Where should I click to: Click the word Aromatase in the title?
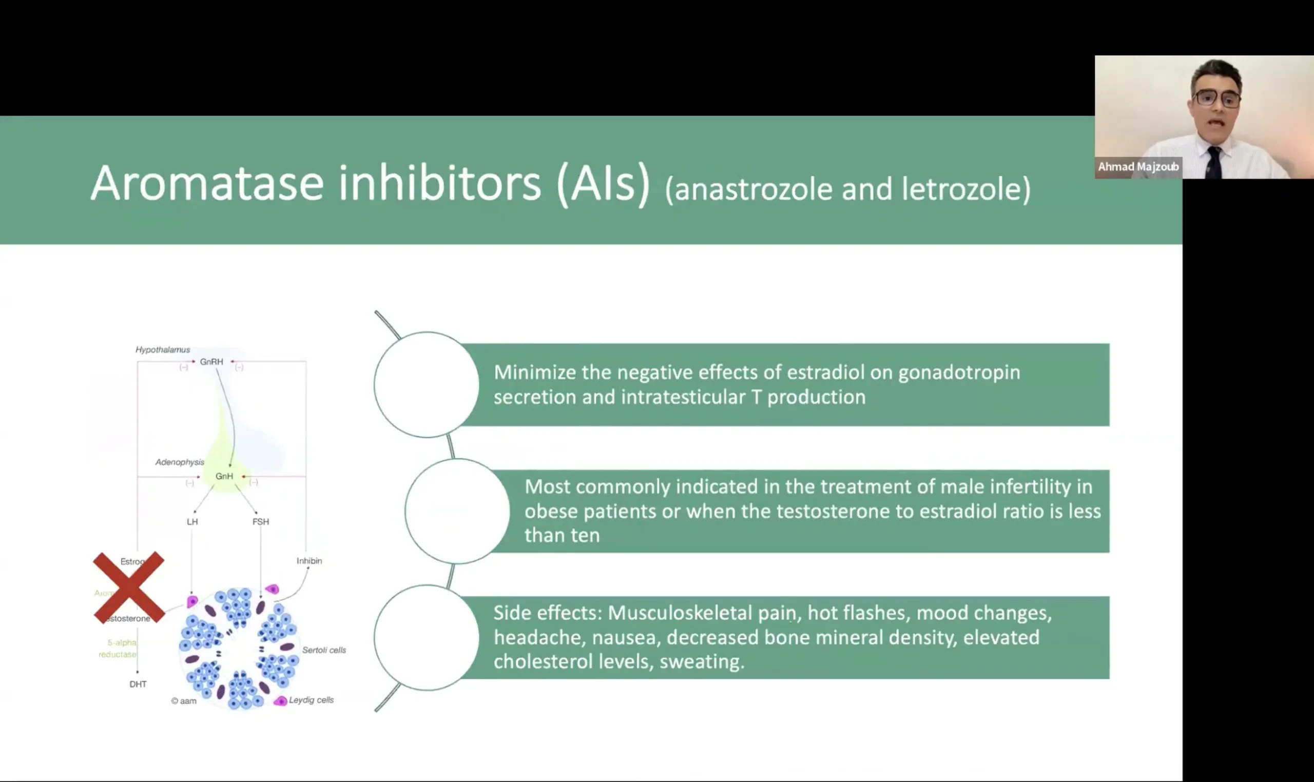click(x=207, y=183)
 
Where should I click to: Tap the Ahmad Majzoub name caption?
click(x=1138, y=167)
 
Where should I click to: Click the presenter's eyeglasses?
click(x=1217, y=98)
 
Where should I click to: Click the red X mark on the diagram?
click(x=129, y=587)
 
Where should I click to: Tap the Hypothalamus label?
click(x=162, y=350)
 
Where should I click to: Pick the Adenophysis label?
click(x=179, y=462)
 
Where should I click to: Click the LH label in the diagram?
click(x=192, y=522)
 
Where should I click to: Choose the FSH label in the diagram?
click(x=260, y=522)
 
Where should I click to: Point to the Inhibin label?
click(x=309, y=561)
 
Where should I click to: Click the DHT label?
click(x=138, y=684)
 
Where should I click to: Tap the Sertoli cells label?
click(x=324, y=650)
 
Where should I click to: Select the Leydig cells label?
click(x=311, y=700)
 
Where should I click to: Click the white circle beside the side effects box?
click(x=427, y=638)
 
